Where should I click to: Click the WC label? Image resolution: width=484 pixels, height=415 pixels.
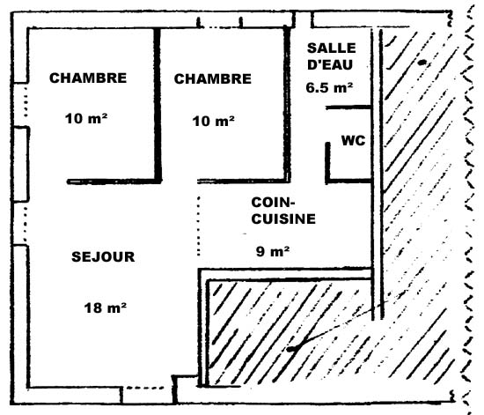353,141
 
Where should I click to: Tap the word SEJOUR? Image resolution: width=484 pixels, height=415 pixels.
103,256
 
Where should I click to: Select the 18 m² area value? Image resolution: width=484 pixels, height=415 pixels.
106,308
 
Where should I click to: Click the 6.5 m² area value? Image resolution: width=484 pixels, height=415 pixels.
329,87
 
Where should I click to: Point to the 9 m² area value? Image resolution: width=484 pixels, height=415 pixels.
273,251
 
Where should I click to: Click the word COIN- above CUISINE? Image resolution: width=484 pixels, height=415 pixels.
273,203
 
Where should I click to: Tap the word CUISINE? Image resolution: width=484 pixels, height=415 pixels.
283,219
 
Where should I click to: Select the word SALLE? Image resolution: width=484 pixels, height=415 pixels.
332,48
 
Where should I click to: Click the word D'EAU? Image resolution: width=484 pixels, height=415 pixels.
330,64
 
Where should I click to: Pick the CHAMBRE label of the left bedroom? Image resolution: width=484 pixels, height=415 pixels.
88,78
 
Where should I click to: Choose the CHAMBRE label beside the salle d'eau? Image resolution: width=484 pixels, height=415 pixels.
213,78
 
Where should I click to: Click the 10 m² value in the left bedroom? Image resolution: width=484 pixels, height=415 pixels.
86,118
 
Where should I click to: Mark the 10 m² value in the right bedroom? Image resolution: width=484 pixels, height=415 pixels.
213,121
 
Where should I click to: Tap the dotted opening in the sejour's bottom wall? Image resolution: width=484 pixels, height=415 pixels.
145,388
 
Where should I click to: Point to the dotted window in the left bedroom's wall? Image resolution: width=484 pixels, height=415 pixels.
26,101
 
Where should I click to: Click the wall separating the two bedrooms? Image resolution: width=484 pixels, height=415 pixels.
158,105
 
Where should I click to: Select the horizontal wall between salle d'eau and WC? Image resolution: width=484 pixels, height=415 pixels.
348,107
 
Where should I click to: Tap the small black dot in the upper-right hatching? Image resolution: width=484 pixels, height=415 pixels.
422,63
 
